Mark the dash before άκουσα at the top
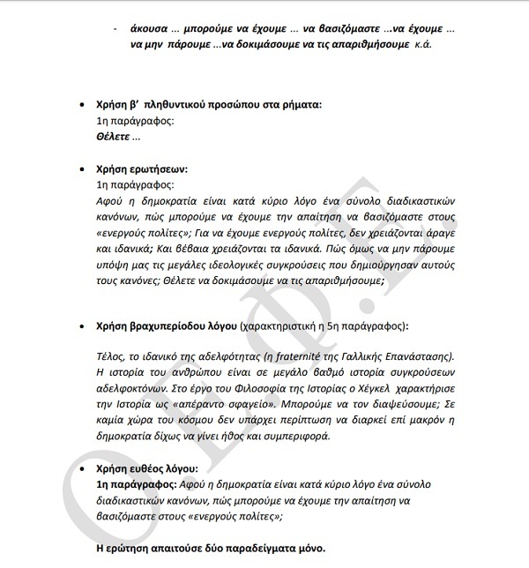[115, 27]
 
